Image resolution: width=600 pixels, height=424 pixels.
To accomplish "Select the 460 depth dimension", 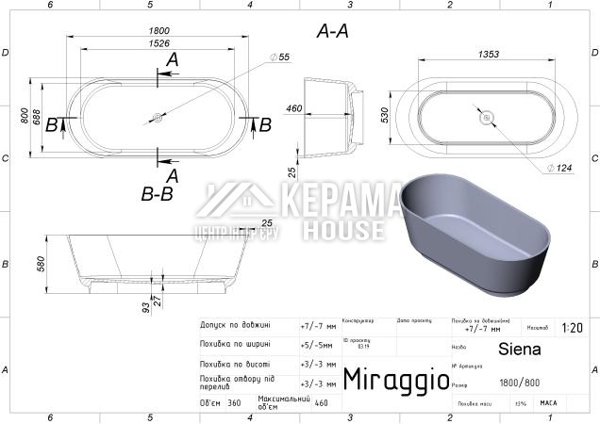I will pyautogui.click(x=293, y=109).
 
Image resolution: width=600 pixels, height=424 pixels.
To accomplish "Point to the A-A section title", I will pyautogui.click(x=332, y=31).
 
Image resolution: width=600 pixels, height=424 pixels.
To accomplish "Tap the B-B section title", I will pyautogui.click(x=157, y=195).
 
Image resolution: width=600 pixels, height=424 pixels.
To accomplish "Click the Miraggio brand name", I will pyautogui.click(x=396, y=379).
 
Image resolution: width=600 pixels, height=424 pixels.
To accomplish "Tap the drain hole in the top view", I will pyautogui.click(x=157, y=119).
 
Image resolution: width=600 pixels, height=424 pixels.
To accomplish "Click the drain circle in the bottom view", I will pyautogui.click(x=487, y=118).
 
